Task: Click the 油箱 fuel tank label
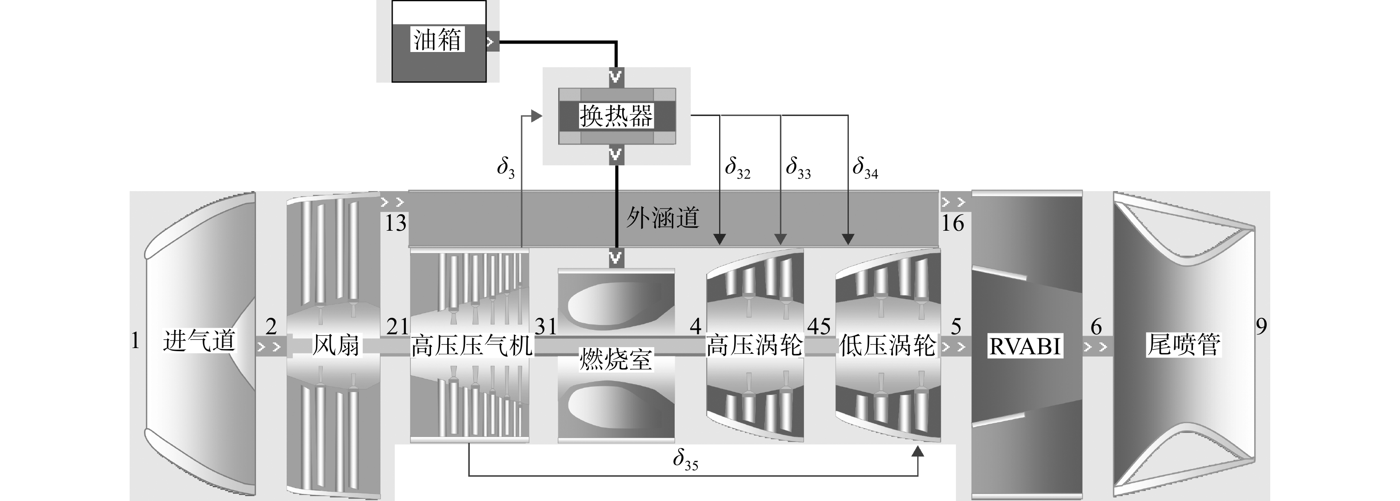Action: coord(437,40)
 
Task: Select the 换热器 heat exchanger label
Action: coord(616,116)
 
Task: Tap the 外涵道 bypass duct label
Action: coord(663,218)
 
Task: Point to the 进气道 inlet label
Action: coord(199,342)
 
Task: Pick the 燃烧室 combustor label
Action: coord(616,359)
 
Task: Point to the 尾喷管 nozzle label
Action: coord(1183,344)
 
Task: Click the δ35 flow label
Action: coord(685,460)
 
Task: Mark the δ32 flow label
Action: coord(737,168)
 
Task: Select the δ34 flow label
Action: coord(865,168)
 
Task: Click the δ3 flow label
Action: coord(505,168)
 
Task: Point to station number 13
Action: coord(396,223)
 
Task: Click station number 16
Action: coord(952,223)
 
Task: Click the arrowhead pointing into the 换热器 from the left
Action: coord(536,116)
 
